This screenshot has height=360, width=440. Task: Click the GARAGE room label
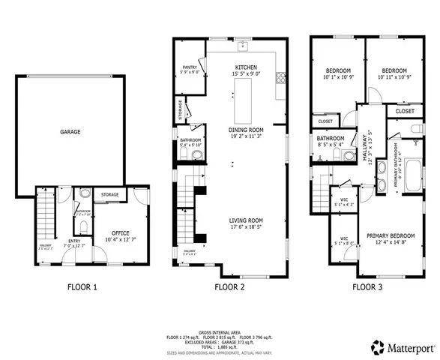(70, 131)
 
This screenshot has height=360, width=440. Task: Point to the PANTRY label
(189, 67)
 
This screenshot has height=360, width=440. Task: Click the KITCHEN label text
(246, 67)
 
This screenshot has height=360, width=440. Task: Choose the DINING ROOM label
(247, 129)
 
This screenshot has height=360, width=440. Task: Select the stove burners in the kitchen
(281, 76)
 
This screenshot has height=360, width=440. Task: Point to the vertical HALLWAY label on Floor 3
(366, 150)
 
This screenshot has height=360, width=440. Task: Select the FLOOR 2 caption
(230, 286)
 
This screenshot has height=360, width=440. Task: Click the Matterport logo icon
(376, 346)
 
